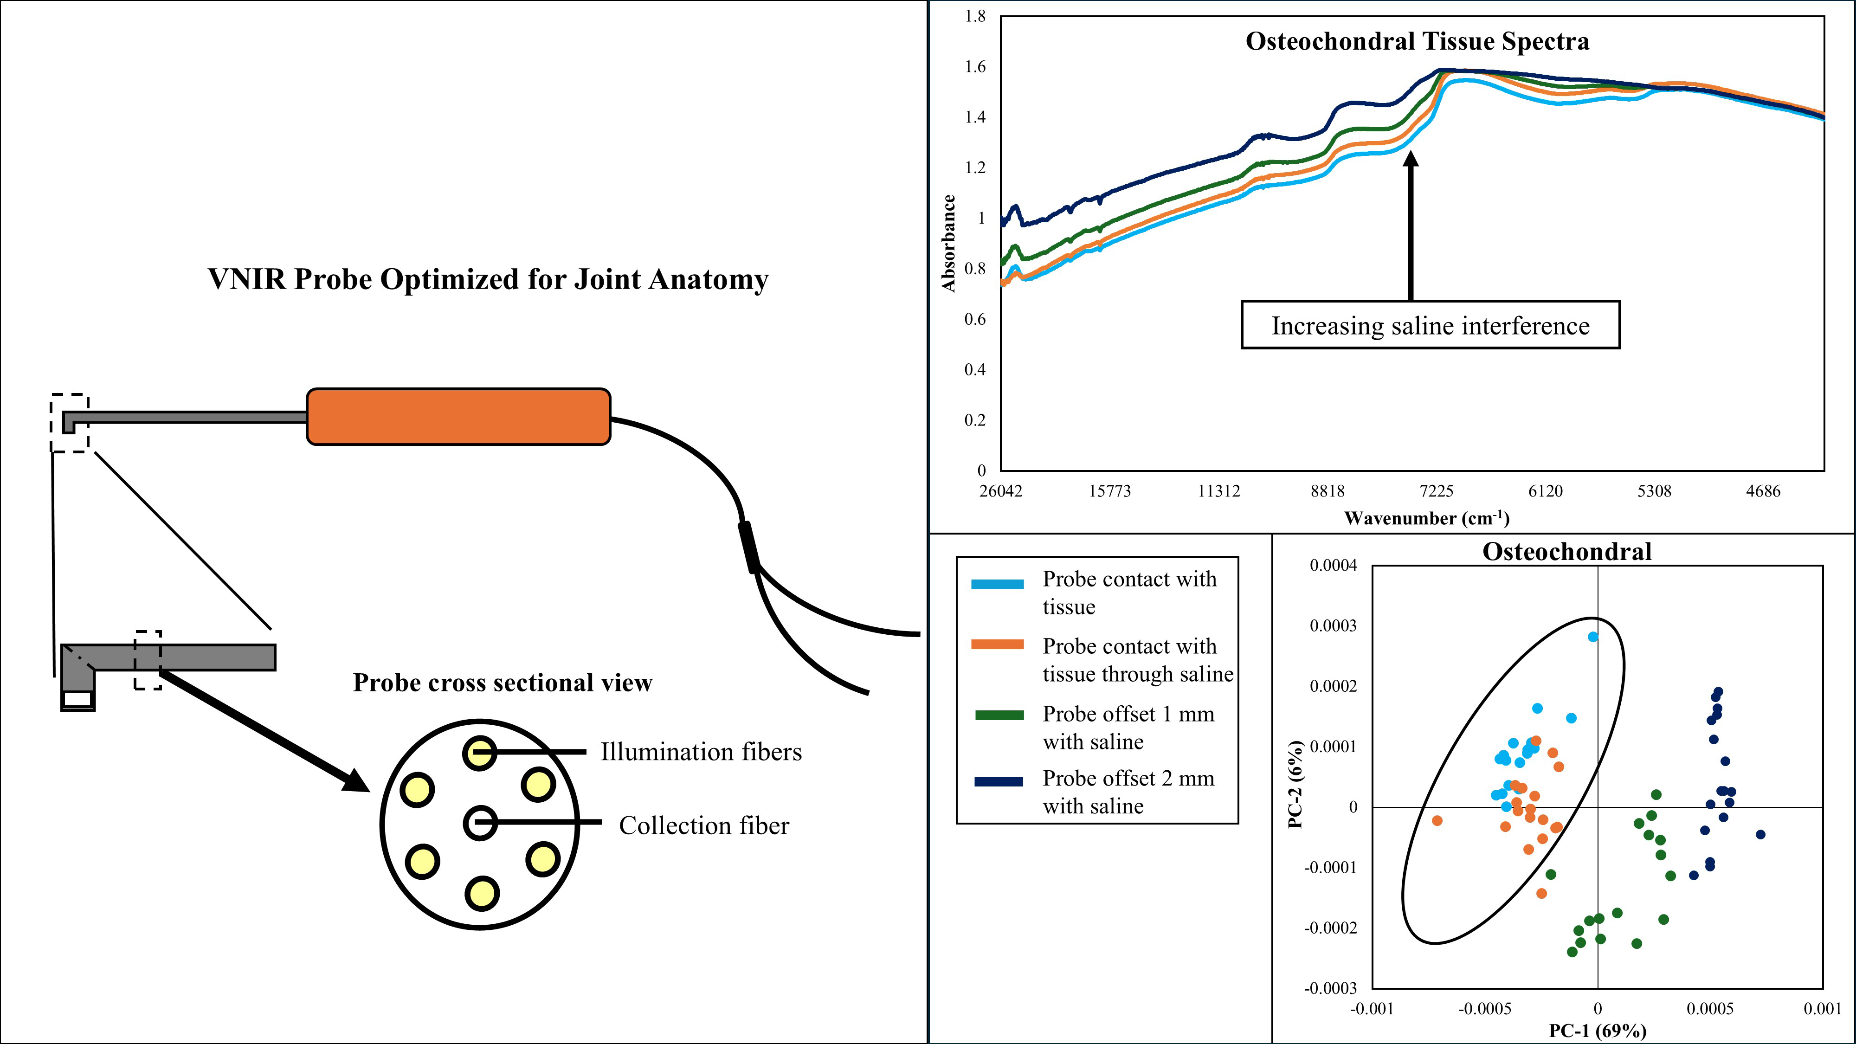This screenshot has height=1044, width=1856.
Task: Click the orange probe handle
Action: [x=458, y=417]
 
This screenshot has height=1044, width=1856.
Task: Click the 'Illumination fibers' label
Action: [x=700, y=752]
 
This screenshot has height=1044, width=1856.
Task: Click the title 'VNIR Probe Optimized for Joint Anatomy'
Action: [x=488, y=279]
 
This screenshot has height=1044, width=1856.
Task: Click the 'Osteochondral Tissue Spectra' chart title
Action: [x=1417, y=42]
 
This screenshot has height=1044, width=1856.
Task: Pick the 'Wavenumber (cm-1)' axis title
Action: [x=1426, y=518]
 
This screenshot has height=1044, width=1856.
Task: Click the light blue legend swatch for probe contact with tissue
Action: [x=997, y=584]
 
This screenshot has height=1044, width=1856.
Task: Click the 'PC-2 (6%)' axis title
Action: [x=1295, y=784]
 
